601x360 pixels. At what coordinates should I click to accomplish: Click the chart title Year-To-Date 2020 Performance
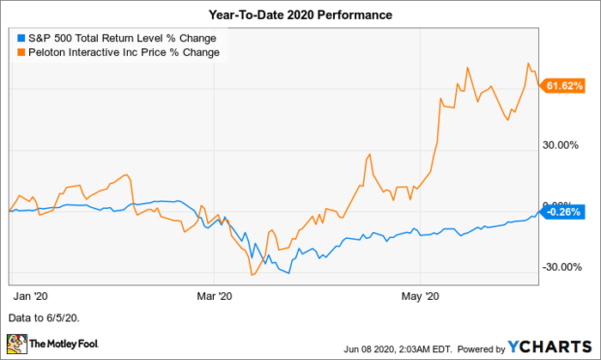click(300, 14)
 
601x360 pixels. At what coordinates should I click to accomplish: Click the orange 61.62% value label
click(564, 86)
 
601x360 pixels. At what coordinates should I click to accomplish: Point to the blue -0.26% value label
click(564, 211)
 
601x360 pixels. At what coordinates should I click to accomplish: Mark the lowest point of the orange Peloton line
click(252, 275)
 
